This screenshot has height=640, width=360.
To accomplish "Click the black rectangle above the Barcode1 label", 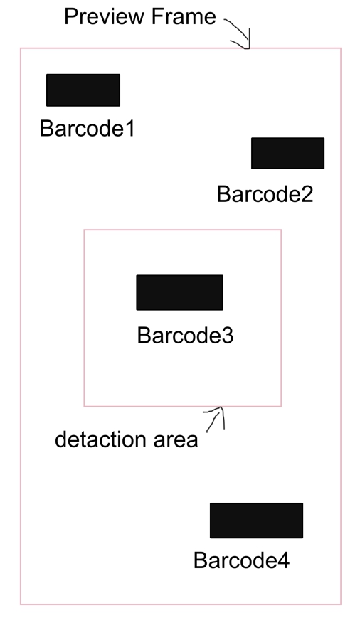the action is click(83, 90).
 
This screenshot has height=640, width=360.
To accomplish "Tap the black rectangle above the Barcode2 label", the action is click(287, 153).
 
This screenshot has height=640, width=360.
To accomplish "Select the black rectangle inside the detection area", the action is click(179, 293).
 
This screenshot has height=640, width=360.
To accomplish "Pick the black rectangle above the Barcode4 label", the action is click(256, 521).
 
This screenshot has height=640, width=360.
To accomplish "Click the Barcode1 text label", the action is click(88, 129).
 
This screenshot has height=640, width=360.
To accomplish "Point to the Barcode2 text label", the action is click(265, 194).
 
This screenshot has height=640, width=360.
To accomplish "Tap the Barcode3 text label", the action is click(185, 336).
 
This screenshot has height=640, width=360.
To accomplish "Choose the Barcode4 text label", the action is click(242, 560).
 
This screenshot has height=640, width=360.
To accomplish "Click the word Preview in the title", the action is click(105, 17).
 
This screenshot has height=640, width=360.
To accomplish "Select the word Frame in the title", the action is click(184, 17).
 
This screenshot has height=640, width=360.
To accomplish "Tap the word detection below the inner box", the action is click(100, 439).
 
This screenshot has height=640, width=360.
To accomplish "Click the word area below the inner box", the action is click(176, 441).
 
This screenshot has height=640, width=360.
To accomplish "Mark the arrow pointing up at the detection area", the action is click(218, 416).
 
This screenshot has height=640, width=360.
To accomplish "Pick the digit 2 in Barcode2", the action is click(307, 194).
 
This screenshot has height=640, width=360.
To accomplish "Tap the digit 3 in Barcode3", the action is click(228, 336).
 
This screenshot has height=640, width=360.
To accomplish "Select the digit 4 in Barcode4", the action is click(284, 560).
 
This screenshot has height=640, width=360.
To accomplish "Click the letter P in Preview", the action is click(71, 17).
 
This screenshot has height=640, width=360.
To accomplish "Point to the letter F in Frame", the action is click(157, 17).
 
